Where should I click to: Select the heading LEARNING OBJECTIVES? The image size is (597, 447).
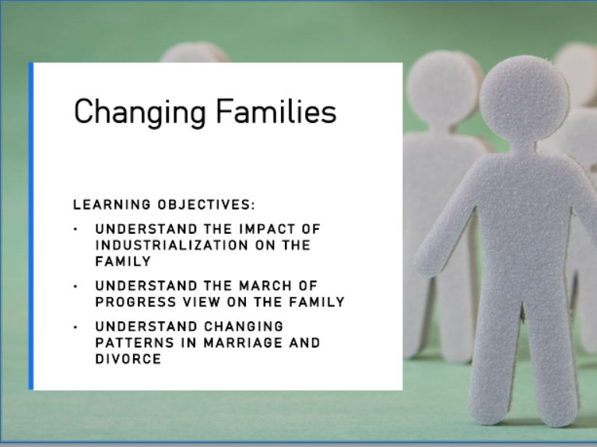(164, 205)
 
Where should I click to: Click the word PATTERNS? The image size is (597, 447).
(131, 343)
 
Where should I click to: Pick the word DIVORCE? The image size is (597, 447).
(128, 359)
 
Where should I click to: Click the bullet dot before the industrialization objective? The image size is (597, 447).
(76, 229)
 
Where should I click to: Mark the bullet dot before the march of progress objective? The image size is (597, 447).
(76, 286)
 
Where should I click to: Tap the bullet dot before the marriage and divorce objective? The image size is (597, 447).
(76, 327)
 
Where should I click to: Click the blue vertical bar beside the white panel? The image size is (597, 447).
(31, 225)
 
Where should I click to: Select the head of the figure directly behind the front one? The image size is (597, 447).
(444, 86)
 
